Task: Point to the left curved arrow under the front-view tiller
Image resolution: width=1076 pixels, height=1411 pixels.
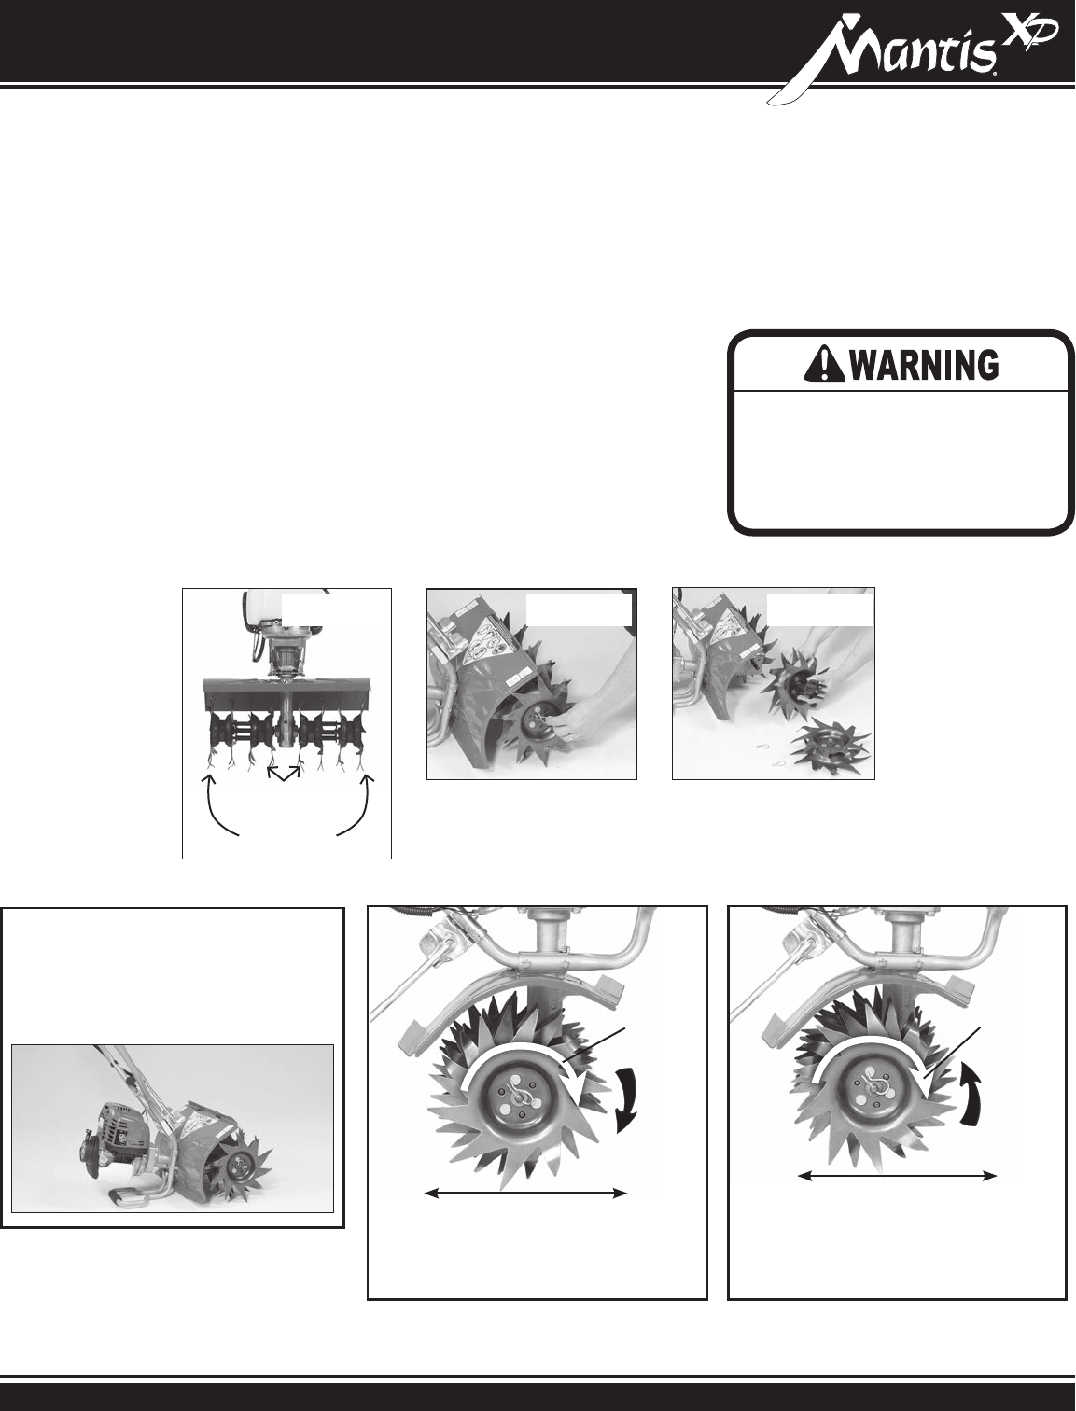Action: click(218, 806)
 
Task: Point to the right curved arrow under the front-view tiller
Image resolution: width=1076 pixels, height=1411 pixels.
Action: click(357, 806)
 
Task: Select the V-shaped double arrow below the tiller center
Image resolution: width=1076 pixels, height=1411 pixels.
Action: click(284, 773)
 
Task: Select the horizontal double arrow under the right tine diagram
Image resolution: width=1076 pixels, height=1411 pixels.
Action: click(897, 1176)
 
